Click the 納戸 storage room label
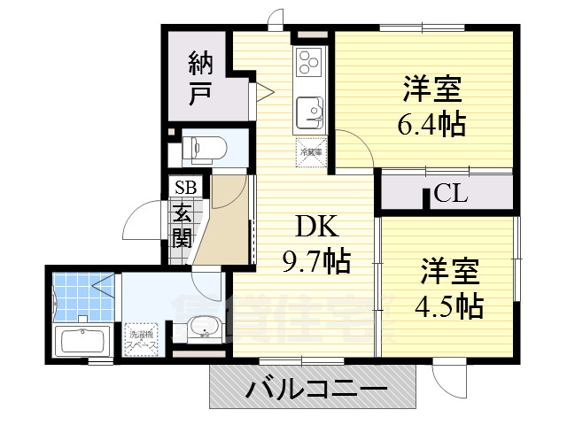tap(200, 77)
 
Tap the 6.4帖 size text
tap(431, 125)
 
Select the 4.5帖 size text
tap(449, 306)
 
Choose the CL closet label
tap(450, 194)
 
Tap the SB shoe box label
tap(186, 187)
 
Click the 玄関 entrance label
tap(183, 226)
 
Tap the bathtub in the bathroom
tap(82, 341)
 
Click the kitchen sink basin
tap(309, 111)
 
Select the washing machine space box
tap(142, 336)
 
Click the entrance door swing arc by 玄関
tap(142, 221)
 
